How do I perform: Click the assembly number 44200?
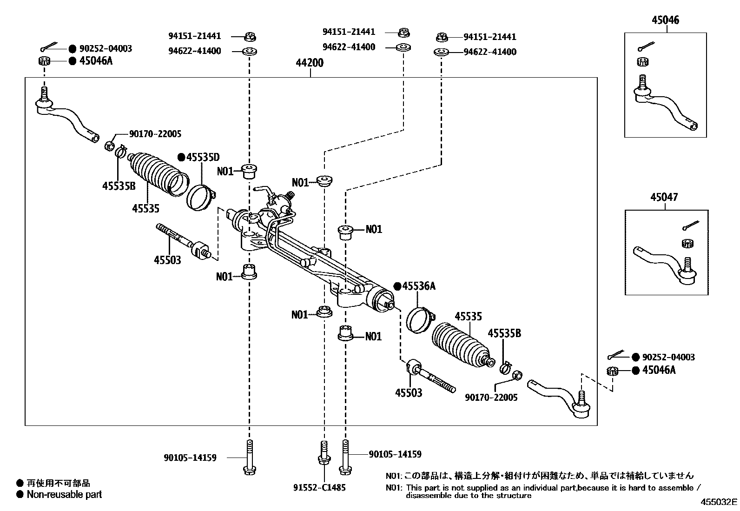click(309, 63)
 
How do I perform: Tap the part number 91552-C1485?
click(319, 488)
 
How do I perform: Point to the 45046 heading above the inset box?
click(665, 20)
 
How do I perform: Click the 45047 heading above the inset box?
click(664, 197)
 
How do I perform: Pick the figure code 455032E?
click(719, 502)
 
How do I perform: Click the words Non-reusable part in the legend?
click(64, 495)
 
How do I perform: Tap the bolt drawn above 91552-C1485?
click(324, 458)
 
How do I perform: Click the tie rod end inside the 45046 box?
click(665, 105)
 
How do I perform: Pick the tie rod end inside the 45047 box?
click(665, 263)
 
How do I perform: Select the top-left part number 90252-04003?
click(105, 48)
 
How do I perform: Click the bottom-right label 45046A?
click(659, 370)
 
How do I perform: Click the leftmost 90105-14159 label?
click(190, 458)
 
